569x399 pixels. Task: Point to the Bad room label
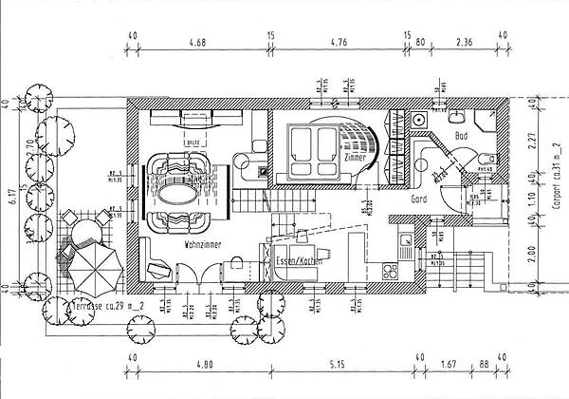pyautogui.click(x=462, y=137)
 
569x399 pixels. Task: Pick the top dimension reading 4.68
pyautogui.click(x=198, y=43)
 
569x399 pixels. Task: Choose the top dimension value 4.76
pyautogui.click(x=340, y=43)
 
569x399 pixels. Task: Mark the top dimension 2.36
pyautogui.click(x=464, y=43)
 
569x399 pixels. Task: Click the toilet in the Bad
pyautogui.click(x=485, y=159)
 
